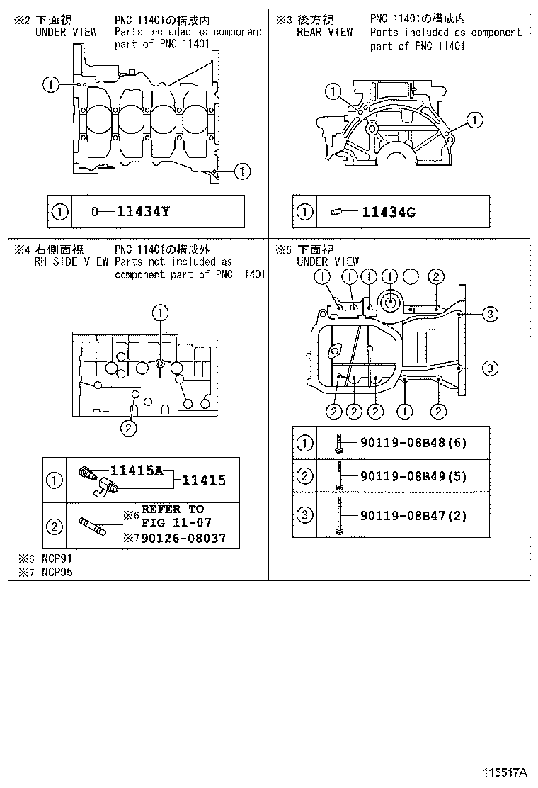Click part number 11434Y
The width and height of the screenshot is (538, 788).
point(143,211)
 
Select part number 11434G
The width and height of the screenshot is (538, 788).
point(389,211)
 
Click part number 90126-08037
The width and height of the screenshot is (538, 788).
point(184,539)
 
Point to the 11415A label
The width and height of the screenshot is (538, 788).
point(139,469)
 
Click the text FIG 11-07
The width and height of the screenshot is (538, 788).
point(172,523)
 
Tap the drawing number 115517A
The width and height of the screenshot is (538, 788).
point(505,772)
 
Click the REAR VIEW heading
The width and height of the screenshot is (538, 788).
point(324,33)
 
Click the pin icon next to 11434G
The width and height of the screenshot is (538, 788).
point(336,211)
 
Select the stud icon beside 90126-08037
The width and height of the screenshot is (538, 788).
point(93,526)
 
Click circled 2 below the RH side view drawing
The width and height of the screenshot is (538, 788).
point(128,427)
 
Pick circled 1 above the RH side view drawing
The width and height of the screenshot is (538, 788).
point(161,312)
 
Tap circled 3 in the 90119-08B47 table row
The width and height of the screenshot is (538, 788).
point(304,515)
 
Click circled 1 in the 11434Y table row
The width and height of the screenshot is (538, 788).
point(61,211)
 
